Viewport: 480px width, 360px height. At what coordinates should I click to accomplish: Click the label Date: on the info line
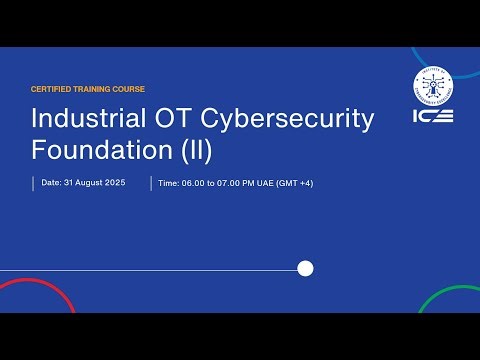pyautogui.click(x=51, y=183)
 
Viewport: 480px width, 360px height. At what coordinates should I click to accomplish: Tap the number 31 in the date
pyautogui.click(x=68, y=183)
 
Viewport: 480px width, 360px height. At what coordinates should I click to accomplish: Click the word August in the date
pyautogui.click(x=90, y=183)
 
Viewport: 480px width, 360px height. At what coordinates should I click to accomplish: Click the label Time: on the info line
pyautogui.click(x=168, y=183)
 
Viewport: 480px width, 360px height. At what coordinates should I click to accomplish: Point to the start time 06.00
pyautogui.click(x=192, y=183)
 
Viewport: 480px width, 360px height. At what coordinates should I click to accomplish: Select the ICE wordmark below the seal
pyautogui.click(x=433, y=115)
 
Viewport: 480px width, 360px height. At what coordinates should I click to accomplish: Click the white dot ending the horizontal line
pyautogui.click(x=306, y=268)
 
